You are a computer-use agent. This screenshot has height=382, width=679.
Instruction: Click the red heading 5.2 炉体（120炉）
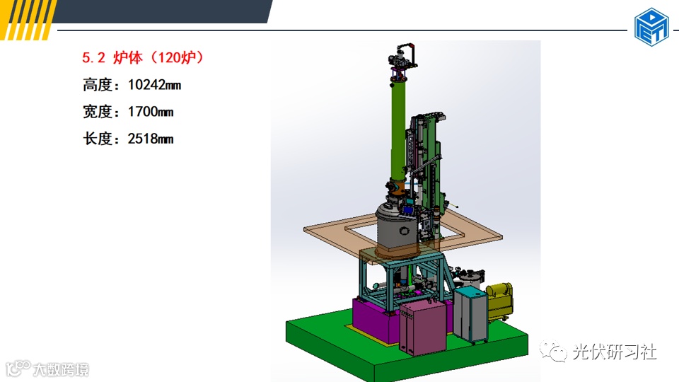(142, 57)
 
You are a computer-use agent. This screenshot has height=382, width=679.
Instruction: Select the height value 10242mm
(155, 85)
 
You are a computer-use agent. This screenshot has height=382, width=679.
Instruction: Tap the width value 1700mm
(151, 112)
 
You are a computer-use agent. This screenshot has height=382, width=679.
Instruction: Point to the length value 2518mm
(151, 139)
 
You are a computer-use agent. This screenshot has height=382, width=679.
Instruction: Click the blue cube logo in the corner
(651, 26)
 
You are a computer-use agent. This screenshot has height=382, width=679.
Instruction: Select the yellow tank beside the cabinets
(500, 301)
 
